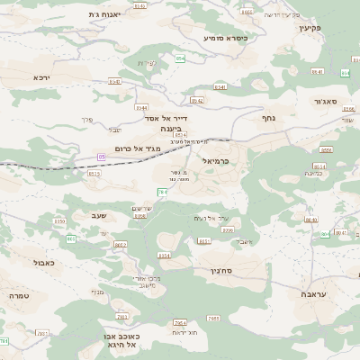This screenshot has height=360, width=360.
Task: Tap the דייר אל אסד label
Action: pyautogui.click(x=164, y=117)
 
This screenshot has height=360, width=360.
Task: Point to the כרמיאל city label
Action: pyautogui.click(x=218, y=161)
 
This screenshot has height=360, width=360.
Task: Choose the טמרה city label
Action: pyautogui.click(x=20, y=294)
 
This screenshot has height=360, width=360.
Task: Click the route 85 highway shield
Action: pyautogui.click(x=102, y=157)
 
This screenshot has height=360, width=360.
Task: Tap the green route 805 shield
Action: pyautogui.click(x=70, y=238)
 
